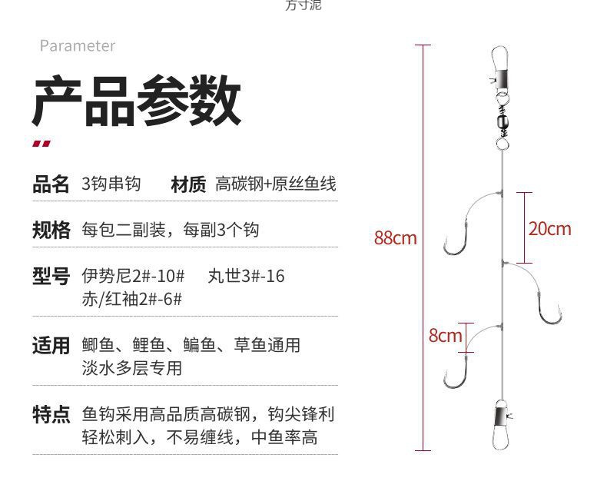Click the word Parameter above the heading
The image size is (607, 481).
(x=77, y=46)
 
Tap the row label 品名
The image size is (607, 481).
(x=51, y=184)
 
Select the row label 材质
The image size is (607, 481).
(x=188, y=184)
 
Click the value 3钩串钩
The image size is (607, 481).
(x=111, y=184)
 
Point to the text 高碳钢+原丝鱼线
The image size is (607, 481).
(x=275, y=184)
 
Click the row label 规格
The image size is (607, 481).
(x=51, y=230)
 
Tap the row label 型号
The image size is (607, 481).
(x=51, y=276)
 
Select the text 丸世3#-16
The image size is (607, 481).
(x=246, y=276)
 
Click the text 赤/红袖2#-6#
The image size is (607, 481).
(x=131, y=299)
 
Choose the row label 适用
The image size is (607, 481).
(x=51, y=345)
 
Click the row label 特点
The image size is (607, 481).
(x=51, y=415)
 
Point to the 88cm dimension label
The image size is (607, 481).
(x=395, y=238)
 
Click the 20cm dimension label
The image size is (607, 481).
(x=549, y=228)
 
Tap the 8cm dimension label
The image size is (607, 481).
(x=446, y=335)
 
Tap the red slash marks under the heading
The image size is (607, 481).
(x=41, y=142)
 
